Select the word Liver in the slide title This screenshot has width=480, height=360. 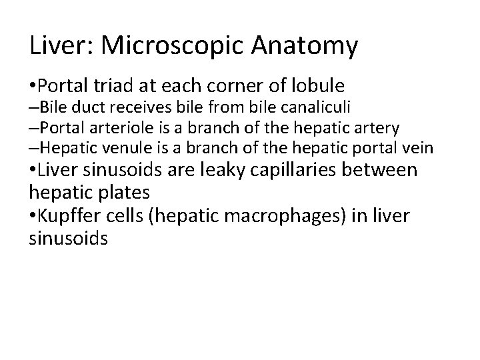(58, 46)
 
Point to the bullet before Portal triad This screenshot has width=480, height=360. (33, 86)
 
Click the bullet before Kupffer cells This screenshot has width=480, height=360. (33, 216)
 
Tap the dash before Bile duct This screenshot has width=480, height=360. (33, 107)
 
